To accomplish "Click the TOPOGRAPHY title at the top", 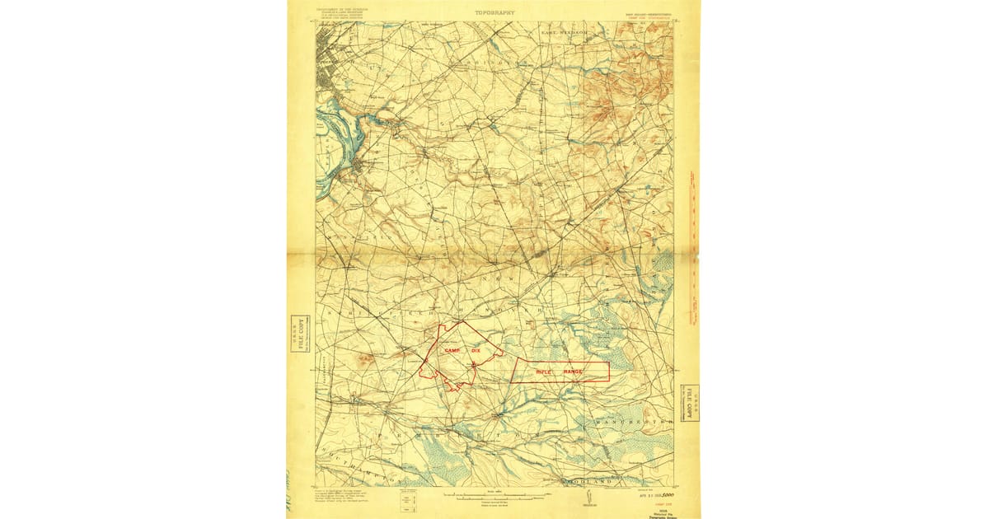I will coord(494,13).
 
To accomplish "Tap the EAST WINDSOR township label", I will coord(563,32).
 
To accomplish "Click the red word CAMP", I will coord(453,351).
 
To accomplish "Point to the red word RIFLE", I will coord(544,372).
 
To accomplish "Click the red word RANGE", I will coord(573,372).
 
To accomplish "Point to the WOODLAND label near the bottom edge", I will coord(584,480).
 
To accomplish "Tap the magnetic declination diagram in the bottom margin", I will coord(587,496).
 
